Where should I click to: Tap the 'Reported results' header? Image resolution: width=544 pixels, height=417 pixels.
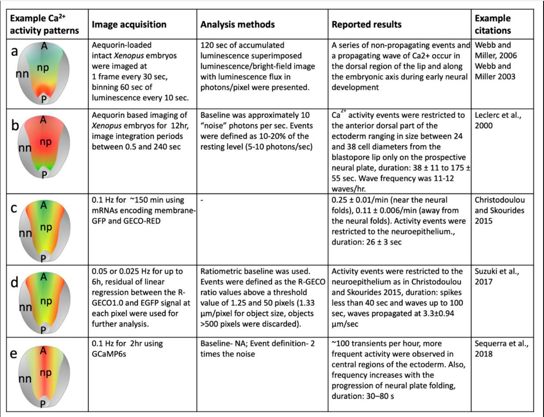(366, 24)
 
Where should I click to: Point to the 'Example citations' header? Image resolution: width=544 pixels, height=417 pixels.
(493, 24)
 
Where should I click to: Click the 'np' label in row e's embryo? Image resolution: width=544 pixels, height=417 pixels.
(46, 372)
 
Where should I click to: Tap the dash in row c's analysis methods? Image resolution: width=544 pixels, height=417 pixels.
(202, 200)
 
